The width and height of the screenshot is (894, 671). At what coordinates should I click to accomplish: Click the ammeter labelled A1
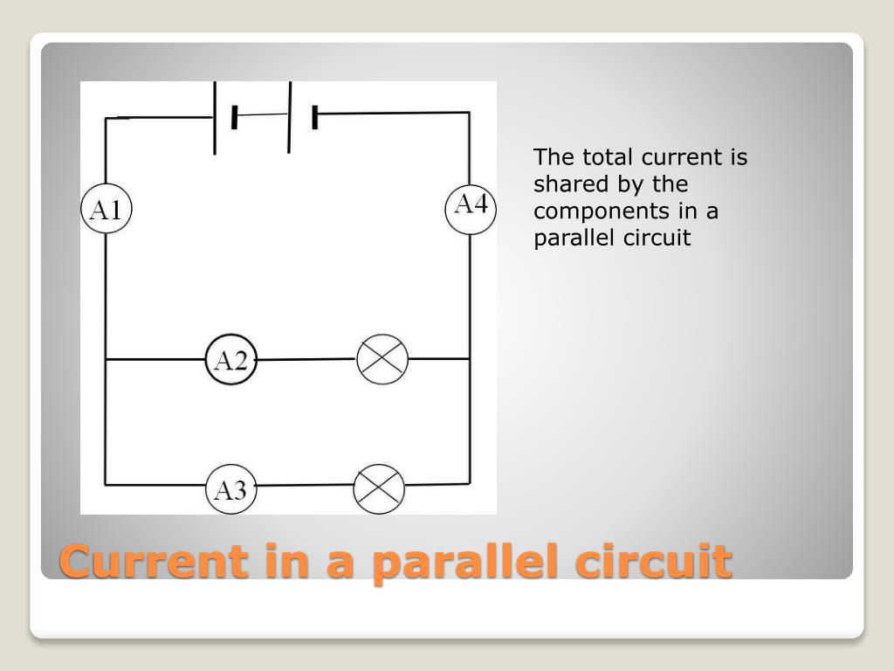(106, 210)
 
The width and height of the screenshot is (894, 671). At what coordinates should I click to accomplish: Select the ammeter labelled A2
(231, 360)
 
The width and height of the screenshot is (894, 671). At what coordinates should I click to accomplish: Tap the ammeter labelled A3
(231, 489)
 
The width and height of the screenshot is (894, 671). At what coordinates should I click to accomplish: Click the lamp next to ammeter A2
(382, 359)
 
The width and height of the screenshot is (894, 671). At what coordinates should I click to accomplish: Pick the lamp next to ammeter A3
(379, 488)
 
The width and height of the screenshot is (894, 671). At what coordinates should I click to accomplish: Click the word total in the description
(602, 158)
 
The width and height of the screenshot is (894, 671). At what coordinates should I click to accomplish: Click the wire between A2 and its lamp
(306, 359)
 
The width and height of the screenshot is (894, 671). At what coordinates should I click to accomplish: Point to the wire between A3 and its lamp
(306, 487)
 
